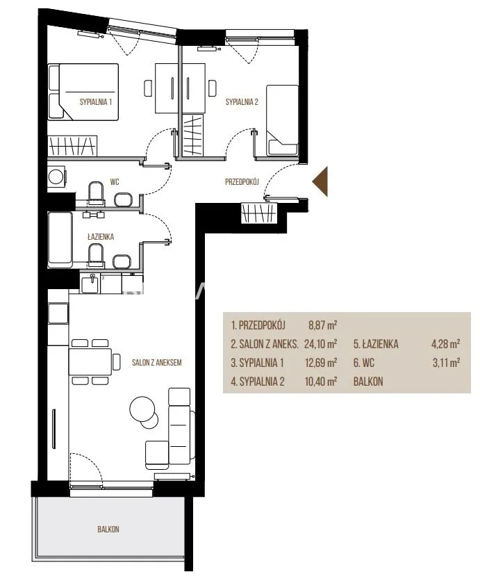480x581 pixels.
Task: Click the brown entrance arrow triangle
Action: click(322, 181)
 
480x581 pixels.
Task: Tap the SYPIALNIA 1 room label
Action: click(96, 102)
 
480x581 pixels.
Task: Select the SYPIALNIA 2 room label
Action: click(242, 102)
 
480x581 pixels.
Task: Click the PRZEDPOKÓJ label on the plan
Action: click(242, 182)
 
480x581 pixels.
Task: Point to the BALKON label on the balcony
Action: click(108, 529)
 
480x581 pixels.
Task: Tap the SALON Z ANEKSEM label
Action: click(157, 362)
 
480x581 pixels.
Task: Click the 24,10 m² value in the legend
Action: click(320, 344)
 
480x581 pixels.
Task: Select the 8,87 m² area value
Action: click(322, 325)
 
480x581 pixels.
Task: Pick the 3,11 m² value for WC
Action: click(446, 362)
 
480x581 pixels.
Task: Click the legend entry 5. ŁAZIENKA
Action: click(376, 344)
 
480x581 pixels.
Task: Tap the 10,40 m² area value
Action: click(321, 382)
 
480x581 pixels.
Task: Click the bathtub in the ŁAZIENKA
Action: click(60, 239)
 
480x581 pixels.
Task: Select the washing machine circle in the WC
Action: click(56, 177)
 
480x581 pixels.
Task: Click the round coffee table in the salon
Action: click(142, 409)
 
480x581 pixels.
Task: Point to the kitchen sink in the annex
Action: click(90, 284)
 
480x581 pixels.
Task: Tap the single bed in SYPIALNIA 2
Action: click(282, 120)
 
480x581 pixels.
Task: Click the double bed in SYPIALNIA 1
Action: click(83, 92)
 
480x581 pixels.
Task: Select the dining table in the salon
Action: click(90, 361)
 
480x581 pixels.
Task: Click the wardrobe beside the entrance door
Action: click(259, 213)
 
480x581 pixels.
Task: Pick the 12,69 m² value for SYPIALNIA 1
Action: click(321, 362)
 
